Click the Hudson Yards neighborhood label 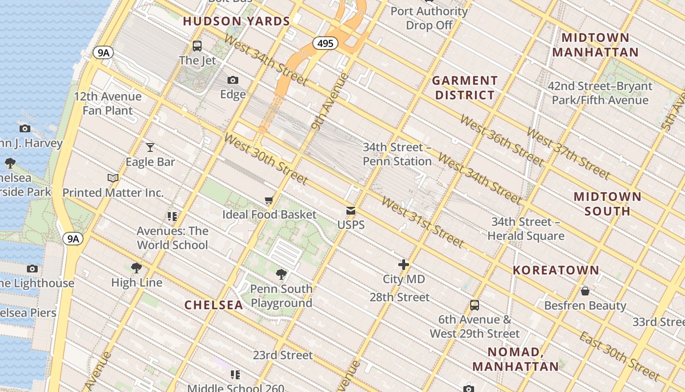click(x=236, y=21)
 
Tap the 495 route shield click(x=325, y=44)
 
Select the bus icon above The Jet click(x=197, y=46)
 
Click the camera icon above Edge click(x=233, y=80)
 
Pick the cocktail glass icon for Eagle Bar click(x=150, y=147)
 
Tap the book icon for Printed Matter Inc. click(x=113, y=178)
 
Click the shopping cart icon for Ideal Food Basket click(x=269, y=200)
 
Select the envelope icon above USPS click(x=351, y=211)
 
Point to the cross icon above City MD click(x=404, y=265)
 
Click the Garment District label click(x=465, y=88)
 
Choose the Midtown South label click(x=607, y=204)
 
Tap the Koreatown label click(x=556, y=270)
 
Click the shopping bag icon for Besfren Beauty click(x=585, y=291)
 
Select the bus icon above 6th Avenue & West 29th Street click(x=474, y=305)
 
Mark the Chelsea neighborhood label click(x=214, y=305)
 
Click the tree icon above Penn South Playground click(x=281, y=274)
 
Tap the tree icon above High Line click(x=137, y=268)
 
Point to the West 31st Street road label click(x=422, y=222)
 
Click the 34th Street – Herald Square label click(x=526, y=229)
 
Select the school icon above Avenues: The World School click(x=172, y=216)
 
